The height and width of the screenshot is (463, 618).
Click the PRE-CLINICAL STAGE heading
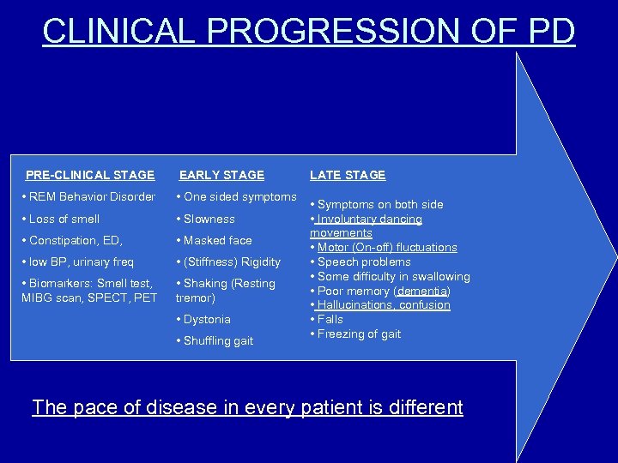pos(90,175)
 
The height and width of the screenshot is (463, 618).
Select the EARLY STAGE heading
pos(221,175)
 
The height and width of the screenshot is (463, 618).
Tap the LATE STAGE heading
pos(348,175)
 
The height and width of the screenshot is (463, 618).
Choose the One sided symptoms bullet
pos(236,197)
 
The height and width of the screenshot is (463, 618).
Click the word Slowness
pos(209,219)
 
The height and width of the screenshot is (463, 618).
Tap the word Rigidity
pos(260,262)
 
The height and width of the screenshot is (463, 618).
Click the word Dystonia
pos(207,320)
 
